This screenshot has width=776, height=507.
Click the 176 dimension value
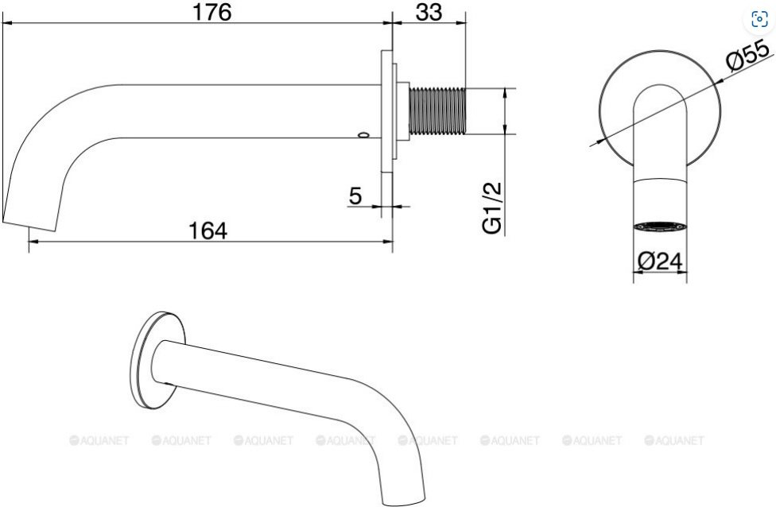click(x=211, y=12)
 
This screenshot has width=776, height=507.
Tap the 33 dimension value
click(x=429, y=12)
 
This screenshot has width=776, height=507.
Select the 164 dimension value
click(x=208, y=230)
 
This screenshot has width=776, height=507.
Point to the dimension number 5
click(x=355, y=195)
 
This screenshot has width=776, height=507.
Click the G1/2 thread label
click(x=492, y=207)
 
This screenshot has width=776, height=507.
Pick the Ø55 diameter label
click(x=748, y=54)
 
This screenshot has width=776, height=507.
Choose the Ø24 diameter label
click(x=660, y=261)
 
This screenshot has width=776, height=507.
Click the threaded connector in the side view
click(x=437, y=111)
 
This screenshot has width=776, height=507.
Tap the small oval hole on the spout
click(x=364, y=134)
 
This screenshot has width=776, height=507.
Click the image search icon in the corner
click(x=759, y=19)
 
